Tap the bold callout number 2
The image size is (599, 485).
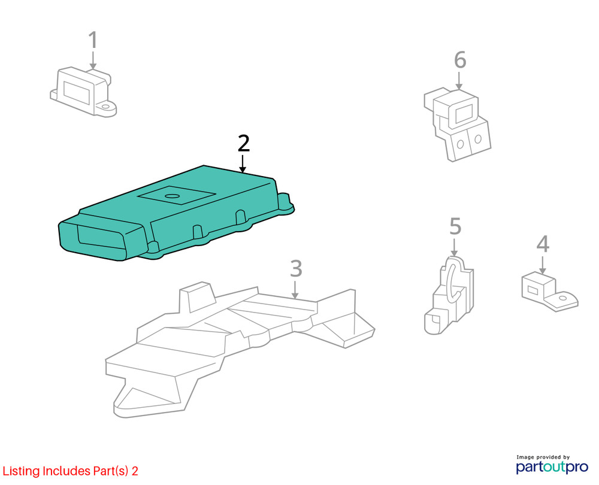pyautogui.click(x=243, y=143)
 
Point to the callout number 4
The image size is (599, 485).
pyautogui.click(x=543, y=244)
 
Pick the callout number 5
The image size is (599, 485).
pyautogui.click(x=455, y=226)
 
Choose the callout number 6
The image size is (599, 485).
pyautogui.click(x=460, y=60)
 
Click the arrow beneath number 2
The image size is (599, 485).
pyautogui.click(x=242, y=163)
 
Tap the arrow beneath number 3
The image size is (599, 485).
pyautogui.click(x=295, y=290)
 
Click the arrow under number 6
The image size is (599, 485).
pyautogui.click(x=459, y=81)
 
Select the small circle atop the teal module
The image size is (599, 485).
pyautogui.click(x=173, y=196)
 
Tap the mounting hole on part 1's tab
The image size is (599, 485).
pyautogui.click(x=106, y=107)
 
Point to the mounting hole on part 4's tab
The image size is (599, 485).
pyautogui.click(x=563, y=298)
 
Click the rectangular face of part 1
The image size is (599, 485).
pyautogui.click(x=76, y=91)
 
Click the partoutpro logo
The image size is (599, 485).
pyautogui.click(x=552, y=466)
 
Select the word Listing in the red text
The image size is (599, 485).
pyautogui.click(x=22, y=471)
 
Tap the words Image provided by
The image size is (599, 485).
pyautogui.click(x=543, y=457)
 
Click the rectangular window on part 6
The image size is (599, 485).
pyautogui.click(x=464, y=113)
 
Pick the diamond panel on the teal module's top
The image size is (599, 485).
pyautogui.click(x=177, y=195)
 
